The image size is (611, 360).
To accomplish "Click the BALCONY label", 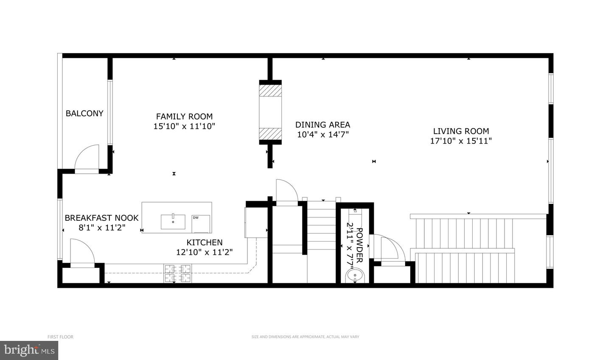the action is [84, 113].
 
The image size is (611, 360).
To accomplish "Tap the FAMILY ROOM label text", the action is [185, 117].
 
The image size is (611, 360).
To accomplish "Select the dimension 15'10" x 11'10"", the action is [185, 127].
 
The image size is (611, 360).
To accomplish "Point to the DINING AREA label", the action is [322, 125].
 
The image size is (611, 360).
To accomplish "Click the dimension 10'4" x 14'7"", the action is [322, 135].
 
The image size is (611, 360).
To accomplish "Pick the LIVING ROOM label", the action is [461, 131].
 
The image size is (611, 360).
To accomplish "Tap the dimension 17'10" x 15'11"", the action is [461, 141].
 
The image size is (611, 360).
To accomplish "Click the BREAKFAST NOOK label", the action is [101, 218].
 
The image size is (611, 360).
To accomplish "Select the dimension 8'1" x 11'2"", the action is [102, 228].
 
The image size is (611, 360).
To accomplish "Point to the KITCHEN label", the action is [205, 242].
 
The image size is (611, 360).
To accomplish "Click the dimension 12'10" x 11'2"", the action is [205, 252].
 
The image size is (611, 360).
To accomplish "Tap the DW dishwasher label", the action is [196, 217].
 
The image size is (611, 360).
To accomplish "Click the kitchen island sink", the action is [173, 222].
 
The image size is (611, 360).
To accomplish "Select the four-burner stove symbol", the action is [177, 273].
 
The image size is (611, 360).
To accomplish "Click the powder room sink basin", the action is [355, 275].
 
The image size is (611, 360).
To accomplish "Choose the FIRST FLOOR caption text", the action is [60, 337].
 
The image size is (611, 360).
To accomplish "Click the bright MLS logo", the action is [29, 350].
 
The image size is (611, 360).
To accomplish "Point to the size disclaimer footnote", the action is [305, 337].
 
